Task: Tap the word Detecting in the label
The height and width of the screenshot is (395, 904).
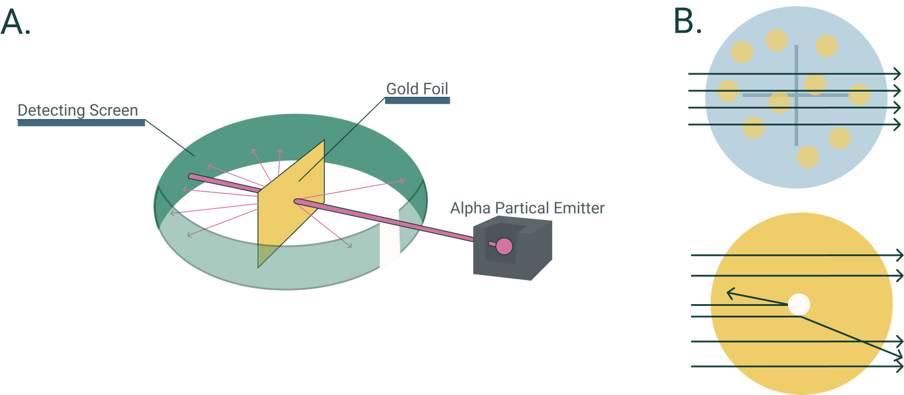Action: tap(51, 110)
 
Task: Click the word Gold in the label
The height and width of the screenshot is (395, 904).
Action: tap(402, 89)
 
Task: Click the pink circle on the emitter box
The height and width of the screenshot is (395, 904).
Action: tap(504, 246)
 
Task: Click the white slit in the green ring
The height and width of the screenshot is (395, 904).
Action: tap(390, 240)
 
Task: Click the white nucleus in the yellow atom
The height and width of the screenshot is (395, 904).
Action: tap(799, 305)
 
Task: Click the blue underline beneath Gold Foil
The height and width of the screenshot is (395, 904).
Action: tap(417, 101)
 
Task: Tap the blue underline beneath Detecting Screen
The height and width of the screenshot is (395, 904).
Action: tap(81, 123)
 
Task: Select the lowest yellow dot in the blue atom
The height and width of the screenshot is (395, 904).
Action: tap(808, 157)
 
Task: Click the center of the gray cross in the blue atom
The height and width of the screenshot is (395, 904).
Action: tap(796, 95)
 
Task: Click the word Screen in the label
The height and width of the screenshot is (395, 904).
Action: tap(113, 110)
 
